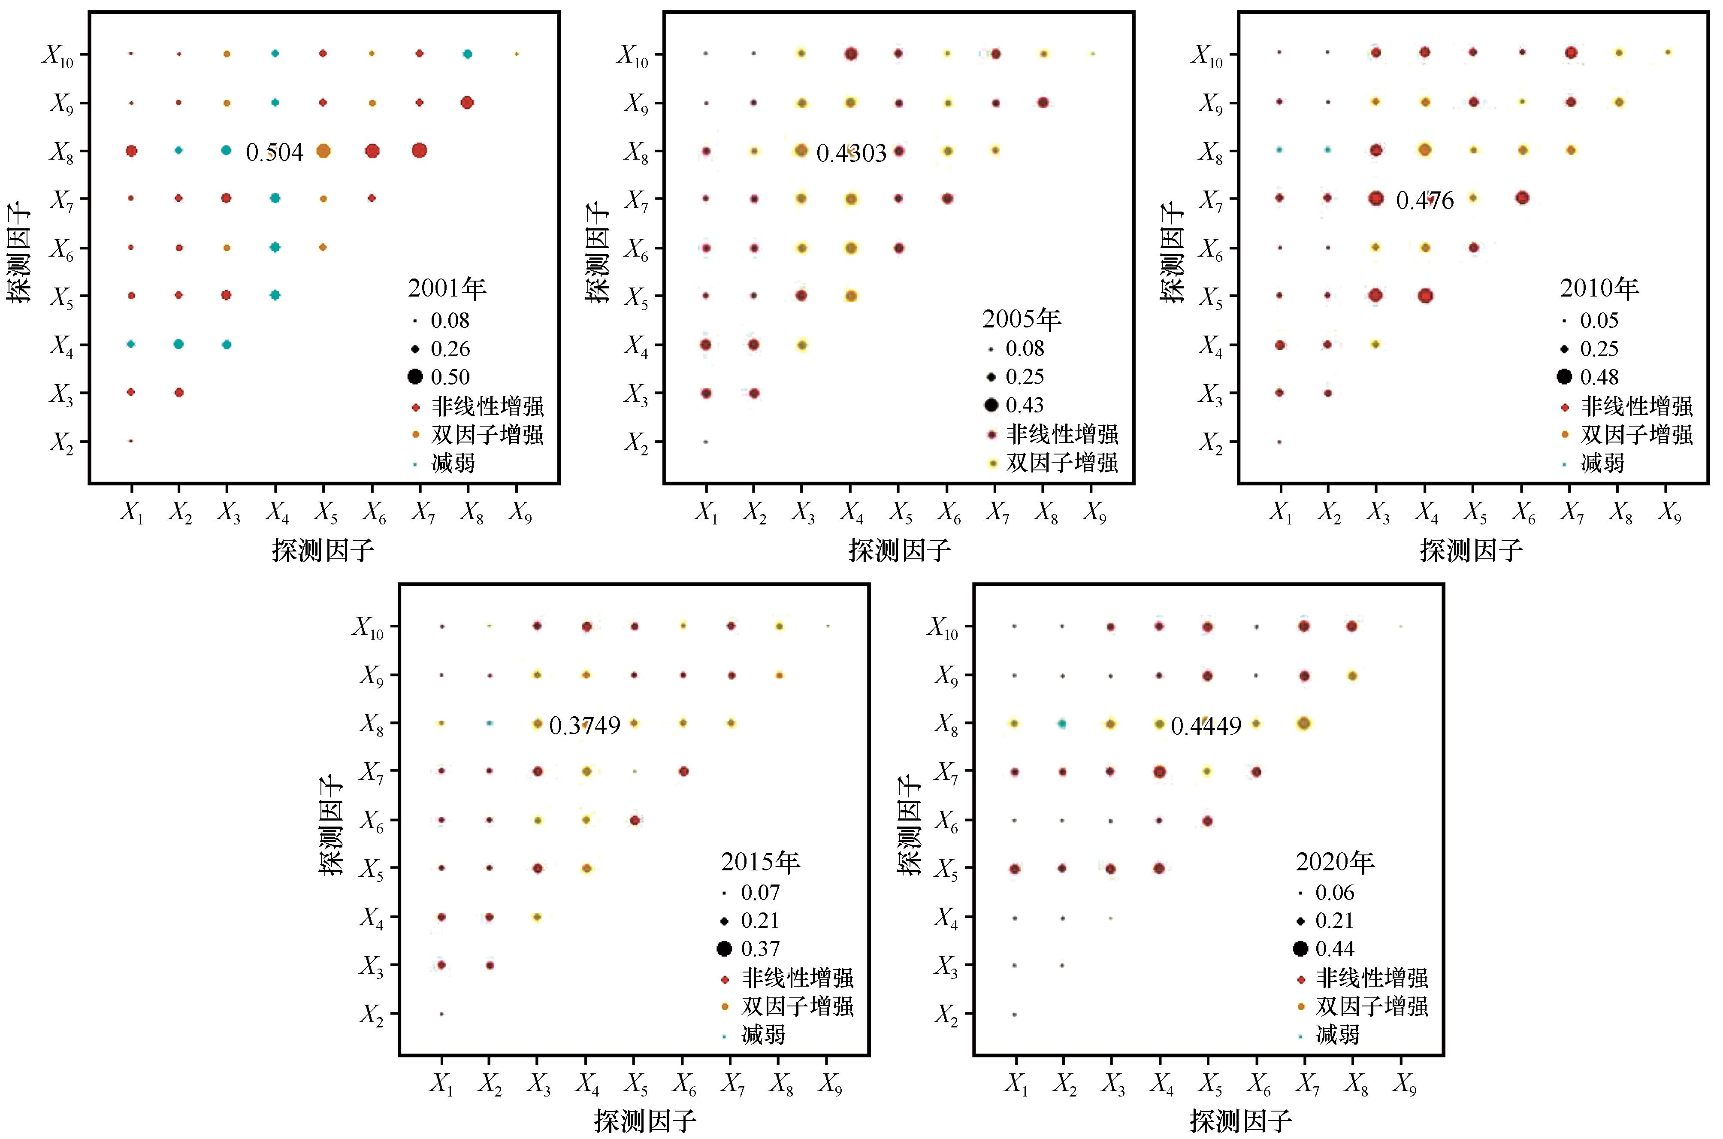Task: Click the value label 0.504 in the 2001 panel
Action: tap(275, 152)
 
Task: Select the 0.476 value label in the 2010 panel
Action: tap(1424, 200)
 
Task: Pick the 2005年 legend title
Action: tap(1022, 320)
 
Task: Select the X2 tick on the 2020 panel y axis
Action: tap(946, 1015)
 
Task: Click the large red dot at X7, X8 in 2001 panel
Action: tap(419, 150)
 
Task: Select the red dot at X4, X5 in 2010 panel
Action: tap(1424, 296)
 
